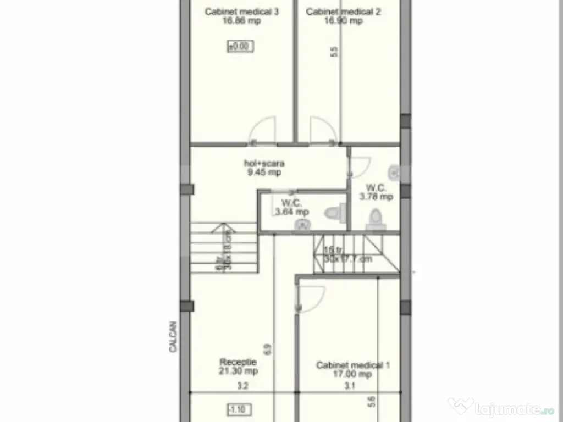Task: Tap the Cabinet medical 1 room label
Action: [353, 369]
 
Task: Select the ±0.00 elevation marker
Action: [240, 47]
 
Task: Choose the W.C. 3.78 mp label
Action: [376, 192]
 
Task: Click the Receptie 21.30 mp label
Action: [239, 366]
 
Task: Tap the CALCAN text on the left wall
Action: [172, 336]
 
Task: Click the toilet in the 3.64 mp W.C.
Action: [334, 212]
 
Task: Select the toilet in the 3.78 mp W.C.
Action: [376, 218]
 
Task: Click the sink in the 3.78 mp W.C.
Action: [394, 173]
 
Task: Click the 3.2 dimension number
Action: [242, 386]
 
